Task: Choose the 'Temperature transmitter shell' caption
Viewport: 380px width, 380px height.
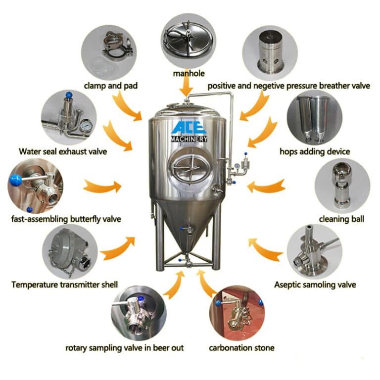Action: pos(65,285)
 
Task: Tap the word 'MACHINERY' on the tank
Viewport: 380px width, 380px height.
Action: pos(189,140)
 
